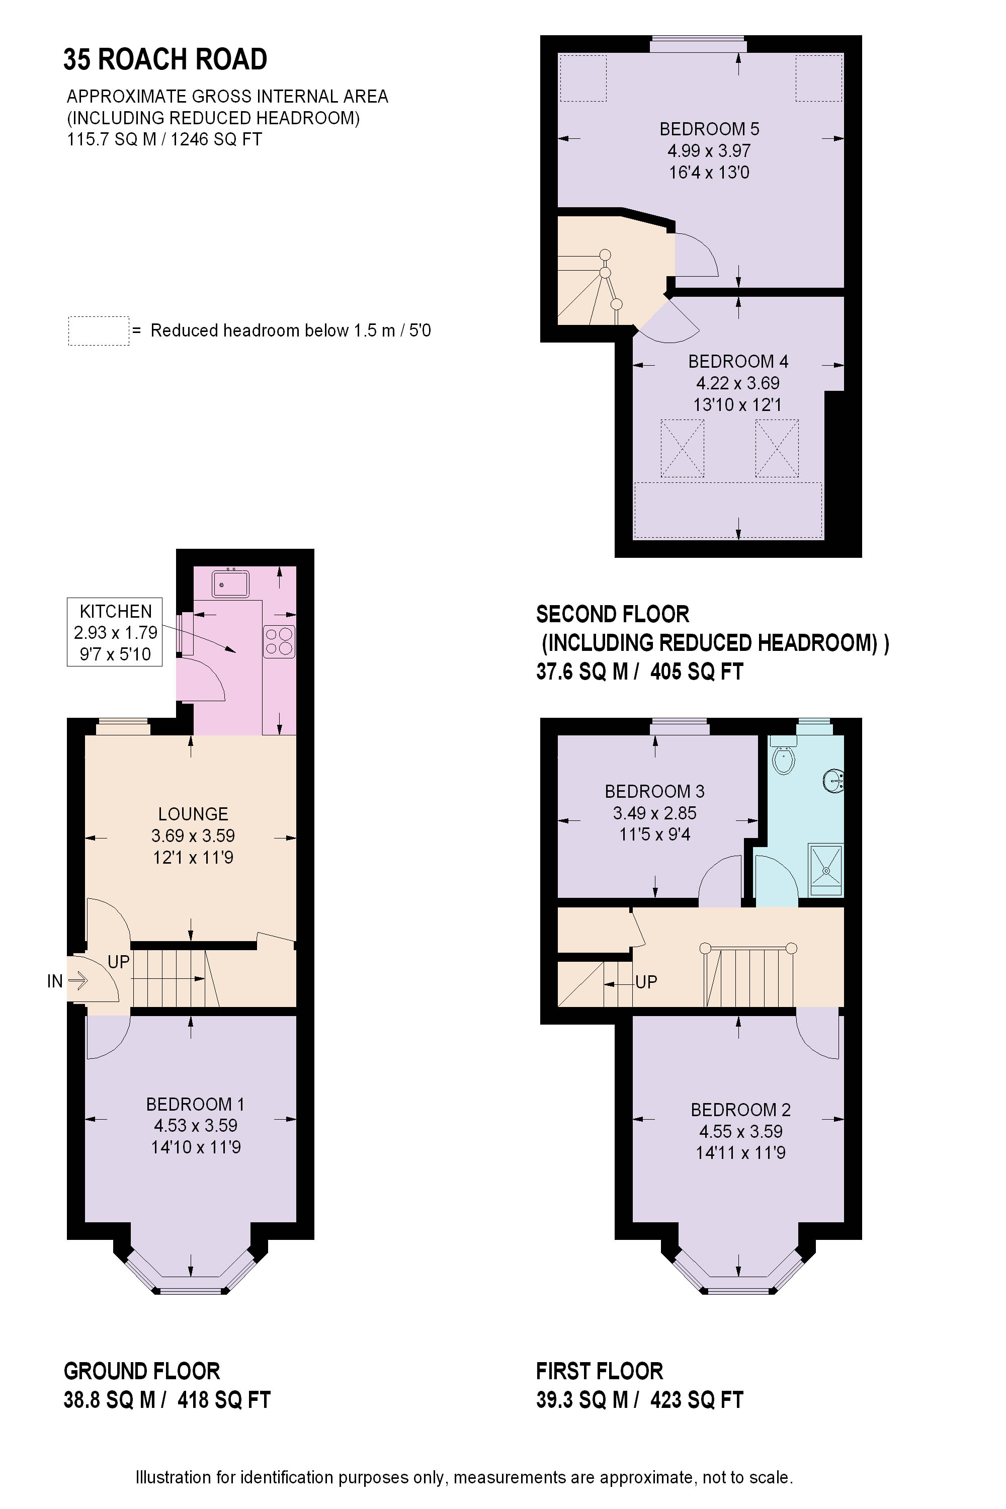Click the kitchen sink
point(231,584)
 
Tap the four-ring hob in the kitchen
point(279,642)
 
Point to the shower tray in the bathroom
point(826,869)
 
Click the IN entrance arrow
point(77,980)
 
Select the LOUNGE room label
point(193,814)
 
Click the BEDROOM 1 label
point(195,1104)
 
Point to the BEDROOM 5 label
point(709,129)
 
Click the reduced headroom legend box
point(99,331)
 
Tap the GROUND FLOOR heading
point(142,1371)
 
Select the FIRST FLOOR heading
point(599,1371)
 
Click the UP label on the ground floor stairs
point(119,962)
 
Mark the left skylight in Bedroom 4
point(682,449)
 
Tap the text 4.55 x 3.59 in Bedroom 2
point(740,1131)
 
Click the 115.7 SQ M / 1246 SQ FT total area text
point(164,139)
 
